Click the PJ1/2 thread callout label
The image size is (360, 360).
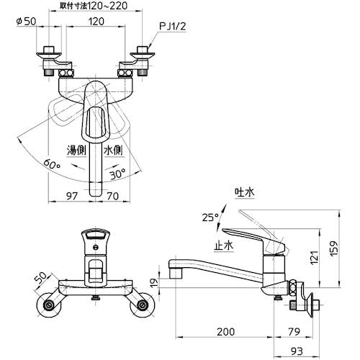(173, 27)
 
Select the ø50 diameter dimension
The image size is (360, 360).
(27, 22)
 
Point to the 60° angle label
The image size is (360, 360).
(51, 164)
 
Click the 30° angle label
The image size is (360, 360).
(117, 174)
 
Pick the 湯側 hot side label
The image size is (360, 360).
(76, 150)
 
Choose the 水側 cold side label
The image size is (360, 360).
(113, 150)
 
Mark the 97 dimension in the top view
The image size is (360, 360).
(72, 196)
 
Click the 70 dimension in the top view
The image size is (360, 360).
(112, 196)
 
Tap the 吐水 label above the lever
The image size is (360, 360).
(245, 192)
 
